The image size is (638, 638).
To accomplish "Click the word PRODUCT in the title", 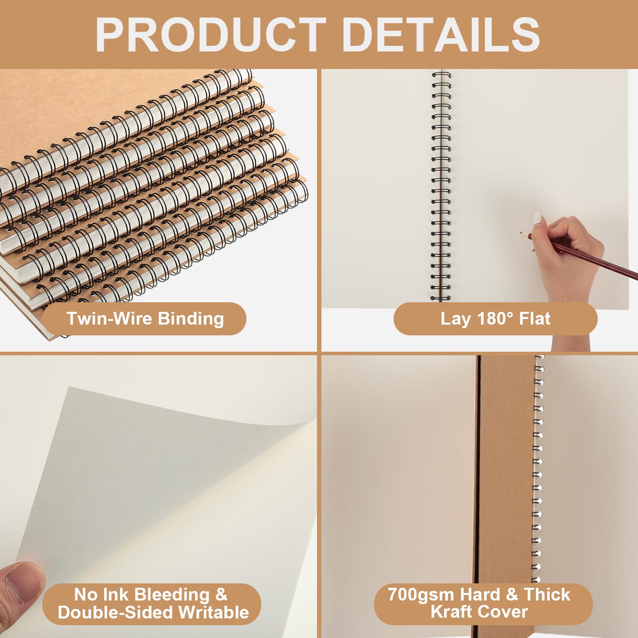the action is point(211,35).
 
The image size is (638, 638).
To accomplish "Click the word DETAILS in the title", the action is point(441,35).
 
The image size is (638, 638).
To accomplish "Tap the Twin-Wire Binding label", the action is point(145,319).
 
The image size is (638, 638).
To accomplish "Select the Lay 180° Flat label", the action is point(495,319).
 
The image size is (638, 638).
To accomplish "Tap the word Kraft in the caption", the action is point(451,612).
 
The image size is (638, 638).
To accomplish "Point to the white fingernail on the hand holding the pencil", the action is point(538,218).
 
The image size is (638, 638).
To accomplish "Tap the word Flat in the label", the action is point(535,319).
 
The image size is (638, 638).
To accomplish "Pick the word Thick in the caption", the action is point(547,595).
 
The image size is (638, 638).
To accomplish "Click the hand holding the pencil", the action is point(566,255).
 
